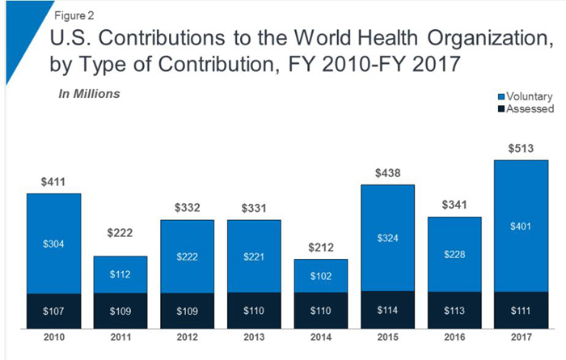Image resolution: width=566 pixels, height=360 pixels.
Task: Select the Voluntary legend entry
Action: click(528, 96)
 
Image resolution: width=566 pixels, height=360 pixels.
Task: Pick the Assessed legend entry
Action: click(528, 108)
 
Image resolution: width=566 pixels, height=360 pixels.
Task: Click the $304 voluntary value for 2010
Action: click(53, 243)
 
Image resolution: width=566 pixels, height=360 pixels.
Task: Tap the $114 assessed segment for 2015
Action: click(388, 311)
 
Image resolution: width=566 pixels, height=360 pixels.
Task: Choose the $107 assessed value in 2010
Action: click(53, 311)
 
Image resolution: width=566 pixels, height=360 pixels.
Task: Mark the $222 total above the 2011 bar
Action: click(120, 233)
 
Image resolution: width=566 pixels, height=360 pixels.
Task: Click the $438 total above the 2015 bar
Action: click(388, 172)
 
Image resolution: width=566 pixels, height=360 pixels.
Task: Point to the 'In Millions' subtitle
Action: click(89, 94)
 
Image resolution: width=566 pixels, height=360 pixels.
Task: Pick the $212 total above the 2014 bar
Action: click(321, 247)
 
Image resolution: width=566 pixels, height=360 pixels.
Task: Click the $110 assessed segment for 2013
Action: click(255, 311)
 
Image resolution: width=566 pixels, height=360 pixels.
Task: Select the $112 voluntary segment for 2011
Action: click(120, 273)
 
